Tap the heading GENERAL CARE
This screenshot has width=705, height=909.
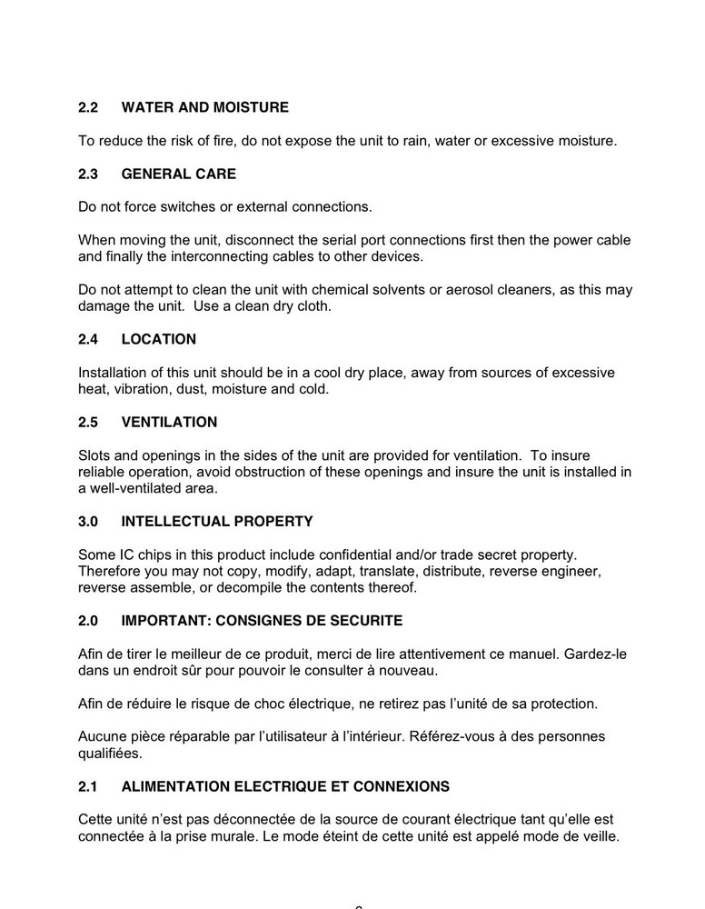pos(178,174)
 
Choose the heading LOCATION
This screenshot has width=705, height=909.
pos(159,339)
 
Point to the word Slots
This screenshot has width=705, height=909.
pos(95,455)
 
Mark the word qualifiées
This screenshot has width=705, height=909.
pos(113,753)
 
